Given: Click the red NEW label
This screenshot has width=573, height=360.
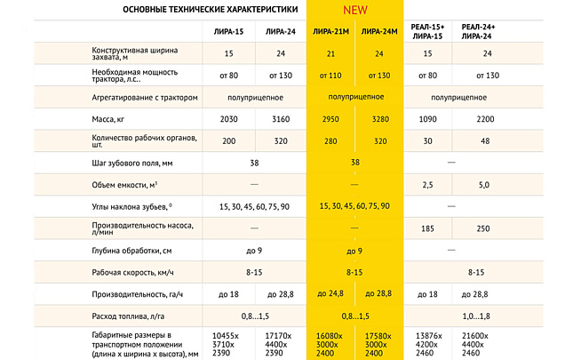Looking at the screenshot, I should pyautogui.click(x=355, y=12).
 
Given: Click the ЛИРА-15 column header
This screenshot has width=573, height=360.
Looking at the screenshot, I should pyautogui.click(x=229, y=33).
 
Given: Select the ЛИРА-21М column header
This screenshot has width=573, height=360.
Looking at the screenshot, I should pyautogui.click(x=330, y=33).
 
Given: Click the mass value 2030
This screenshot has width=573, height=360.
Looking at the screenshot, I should pyautogui.click(x=229, y=118).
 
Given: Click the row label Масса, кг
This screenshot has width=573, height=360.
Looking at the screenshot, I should pyautogui.click(x=114, y=118).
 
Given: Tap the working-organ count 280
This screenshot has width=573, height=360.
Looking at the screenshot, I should pyautogui.click(x=330, y=140).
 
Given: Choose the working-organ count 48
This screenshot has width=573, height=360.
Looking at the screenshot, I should pyautogui.click(x=484, y=140).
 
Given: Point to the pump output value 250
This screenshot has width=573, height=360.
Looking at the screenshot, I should pyautogui.click(x=484, y=228).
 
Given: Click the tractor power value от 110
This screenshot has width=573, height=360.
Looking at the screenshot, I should pyautogui.click(x=330, y=76).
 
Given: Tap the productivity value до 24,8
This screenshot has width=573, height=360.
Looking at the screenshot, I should pyautogui.click(x=330, y=293).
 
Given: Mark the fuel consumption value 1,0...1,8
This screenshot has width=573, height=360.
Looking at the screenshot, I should pyautogui.click(x=484, y=316).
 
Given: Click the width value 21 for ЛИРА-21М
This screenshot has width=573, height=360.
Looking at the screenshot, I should pyautogui.click(x=330, y=53).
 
